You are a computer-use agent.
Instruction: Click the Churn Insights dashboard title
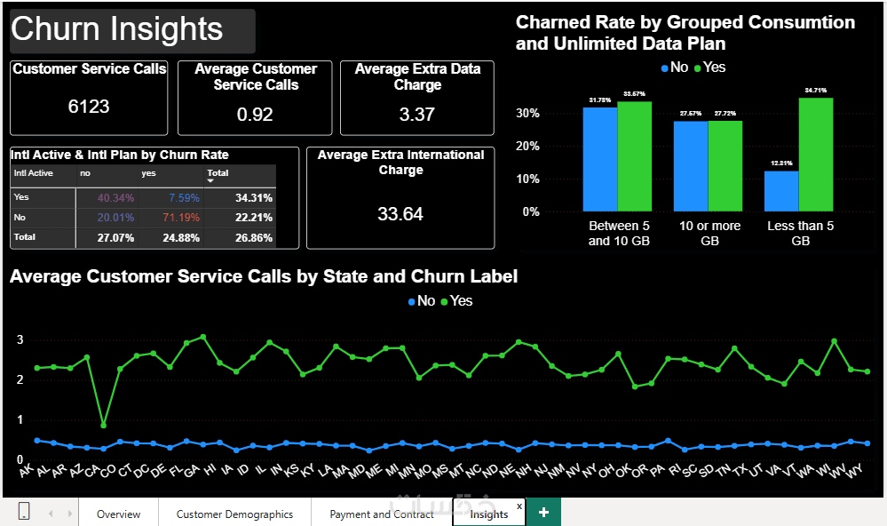117,29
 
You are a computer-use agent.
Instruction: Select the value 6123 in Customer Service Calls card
89,107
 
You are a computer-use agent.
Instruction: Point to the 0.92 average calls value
255,115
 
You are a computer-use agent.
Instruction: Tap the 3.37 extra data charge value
417,114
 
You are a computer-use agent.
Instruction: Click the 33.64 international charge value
400,214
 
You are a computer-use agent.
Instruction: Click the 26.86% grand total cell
253,238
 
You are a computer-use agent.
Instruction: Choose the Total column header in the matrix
218,173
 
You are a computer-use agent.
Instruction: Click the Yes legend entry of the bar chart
710,68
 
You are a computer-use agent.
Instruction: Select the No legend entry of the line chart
421,301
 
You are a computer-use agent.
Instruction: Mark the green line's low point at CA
104,425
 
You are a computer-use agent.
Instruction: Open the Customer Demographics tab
234,514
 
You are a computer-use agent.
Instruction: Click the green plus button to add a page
543,512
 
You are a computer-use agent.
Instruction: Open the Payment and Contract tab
382,514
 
